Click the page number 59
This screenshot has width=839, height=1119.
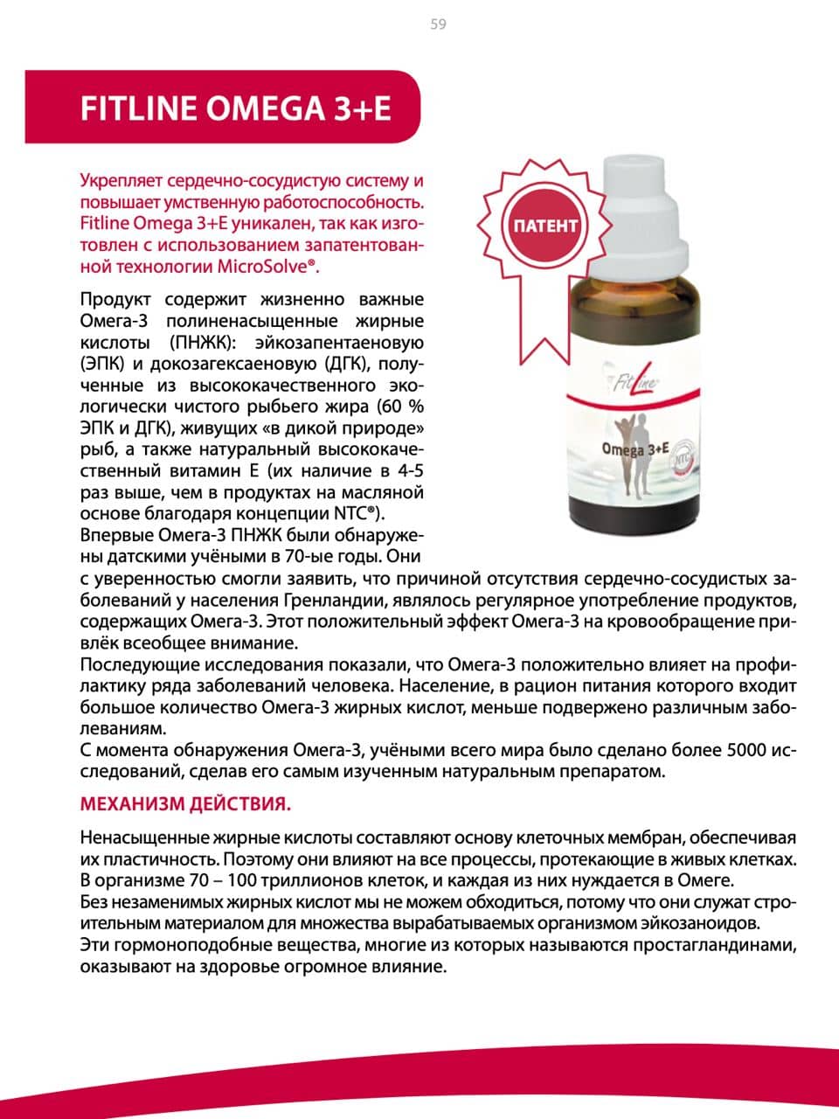click(x=438, y=24)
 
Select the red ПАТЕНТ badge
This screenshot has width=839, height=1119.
click(x=543, y=226)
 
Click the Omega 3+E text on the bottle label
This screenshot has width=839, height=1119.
click(x=634, y=449)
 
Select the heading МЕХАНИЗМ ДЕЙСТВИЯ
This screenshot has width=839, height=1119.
click(x=186, y=803)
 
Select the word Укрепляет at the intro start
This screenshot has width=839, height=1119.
click(x=119, y=181)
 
